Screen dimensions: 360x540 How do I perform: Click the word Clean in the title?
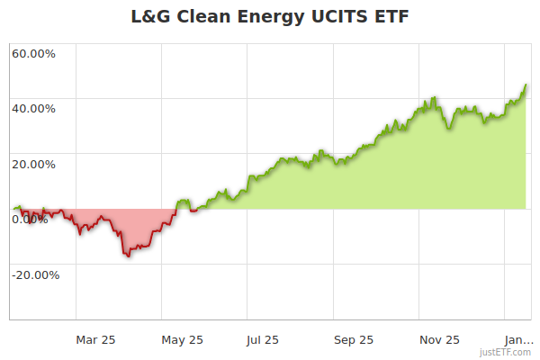click(x=204, y=17)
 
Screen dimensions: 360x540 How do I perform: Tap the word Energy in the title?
click(x=272, y=17)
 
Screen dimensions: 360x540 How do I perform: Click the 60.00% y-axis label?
click(x=33, y=53)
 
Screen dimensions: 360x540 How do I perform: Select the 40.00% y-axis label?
click(x=33, y=109)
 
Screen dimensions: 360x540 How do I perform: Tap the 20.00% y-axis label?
click(x=33, y=164)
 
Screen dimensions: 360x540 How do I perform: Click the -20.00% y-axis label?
click(x=35, y=275)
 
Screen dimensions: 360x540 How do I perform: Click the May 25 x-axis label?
click(x=183, y=339)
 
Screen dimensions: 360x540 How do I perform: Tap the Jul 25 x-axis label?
click(x=263, y=339)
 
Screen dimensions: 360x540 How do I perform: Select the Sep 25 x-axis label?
click(x=353, y=339)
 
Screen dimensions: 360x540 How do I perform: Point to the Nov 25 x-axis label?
click(x=439, y=339)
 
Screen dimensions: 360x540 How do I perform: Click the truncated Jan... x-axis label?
click(x=517, y=339)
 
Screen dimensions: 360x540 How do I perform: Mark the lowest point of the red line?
click(x=129, y=256)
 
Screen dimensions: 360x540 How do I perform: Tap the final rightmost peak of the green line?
click(x=526, y=85)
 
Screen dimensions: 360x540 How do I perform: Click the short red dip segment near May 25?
click(x=193, y=211)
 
